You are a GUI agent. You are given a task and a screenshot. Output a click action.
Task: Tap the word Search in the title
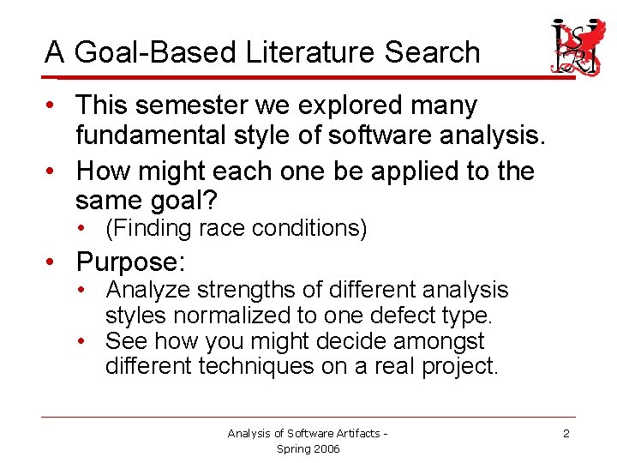click(432, 53)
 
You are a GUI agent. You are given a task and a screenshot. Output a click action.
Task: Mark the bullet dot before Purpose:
click(53, 261)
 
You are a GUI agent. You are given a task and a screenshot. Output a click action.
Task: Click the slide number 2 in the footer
click(566, 434)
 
